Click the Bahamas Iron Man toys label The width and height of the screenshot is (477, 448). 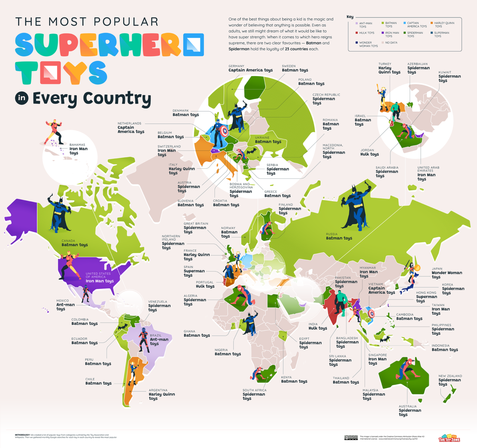coord(78,149)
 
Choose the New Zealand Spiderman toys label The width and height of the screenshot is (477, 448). coord(450,380)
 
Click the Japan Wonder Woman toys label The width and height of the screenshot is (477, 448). coord(446,272)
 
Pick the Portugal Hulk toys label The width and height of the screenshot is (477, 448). coord(205,284)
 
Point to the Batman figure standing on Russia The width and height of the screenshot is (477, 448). coord(354,208)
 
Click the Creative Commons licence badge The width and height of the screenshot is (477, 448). coord(351,438)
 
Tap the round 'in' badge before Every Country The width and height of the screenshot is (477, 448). coord(22,98)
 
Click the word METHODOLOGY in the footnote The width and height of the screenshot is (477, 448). coord(22,435)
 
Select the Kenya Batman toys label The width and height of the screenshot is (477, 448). coord(294,379)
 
